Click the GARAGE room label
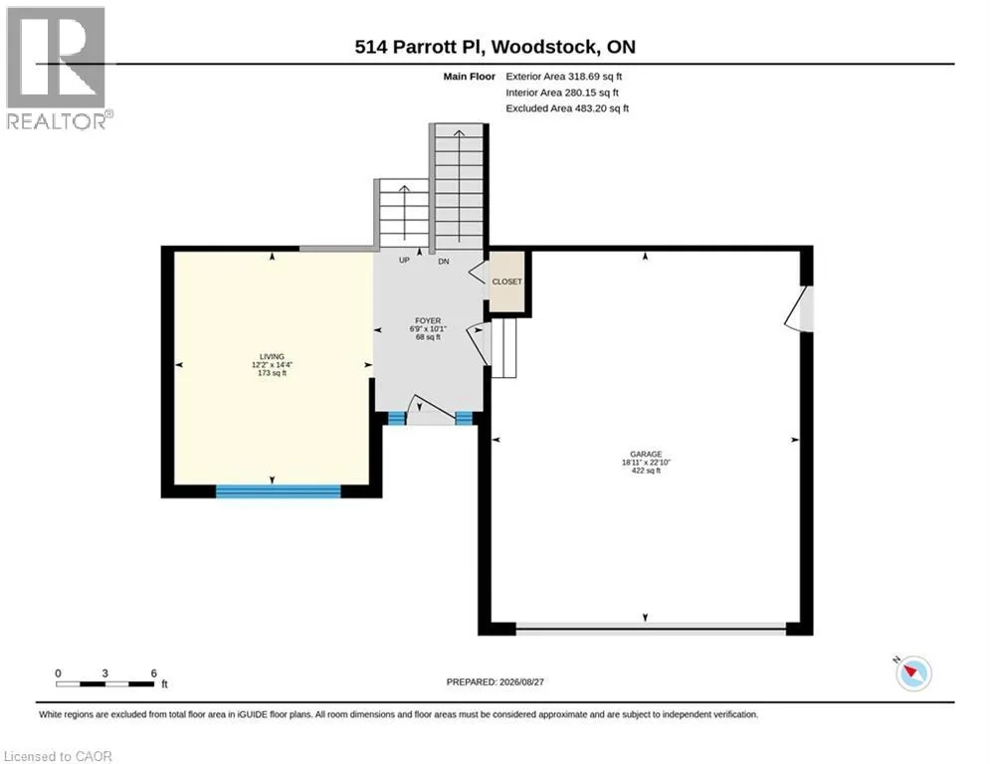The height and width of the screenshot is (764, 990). tap(646, 454)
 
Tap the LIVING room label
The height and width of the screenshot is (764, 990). tap(272, 357)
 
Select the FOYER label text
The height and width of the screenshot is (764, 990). tap(428, 320)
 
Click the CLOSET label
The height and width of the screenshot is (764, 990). tap(507, 282)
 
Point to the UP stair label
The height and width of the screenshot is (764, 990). tap(404, 261)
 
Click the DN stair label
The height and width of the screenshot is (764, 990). tap(444, 262)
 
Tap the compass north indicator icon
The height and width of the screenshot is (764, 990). tap(913, 672)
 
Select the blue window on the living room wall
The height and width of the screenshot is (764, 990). tap(279, 491)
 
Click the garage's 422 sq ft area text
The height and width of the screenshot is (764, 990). tap(646, 471)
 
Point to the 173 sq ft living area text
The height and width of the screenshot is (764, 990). tap(272, 373)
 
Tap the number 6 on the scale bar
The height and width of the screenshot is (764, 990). tap(153, 673)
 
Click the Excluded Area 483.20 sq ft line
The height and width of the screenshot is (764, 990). tap(567, 108)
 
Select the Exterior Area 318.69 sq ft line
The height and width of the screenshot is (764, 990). tap(564, 77)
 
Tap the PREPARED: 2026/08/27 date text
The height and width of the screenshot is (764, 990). tap(495, 681)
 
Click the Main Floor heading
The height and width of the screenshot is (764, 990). tap(469, 77)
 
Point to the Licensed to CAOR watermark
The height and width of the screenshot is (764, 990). tap(58, 756)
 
